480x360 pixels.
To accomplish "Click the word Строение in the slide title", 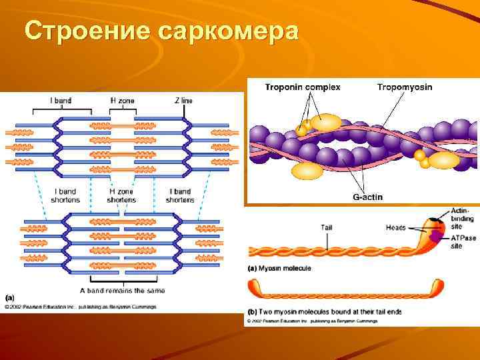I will coord(87,31).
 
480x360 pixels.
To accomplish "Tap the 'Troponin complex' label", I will coord(303,87).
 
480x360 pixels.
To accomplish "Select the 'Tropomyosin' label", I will coord(405,87).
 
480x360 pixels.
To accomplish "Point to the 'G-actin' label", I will coord(367,197).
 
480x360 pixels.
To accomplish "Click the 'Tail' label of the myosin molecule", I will coord(327,227).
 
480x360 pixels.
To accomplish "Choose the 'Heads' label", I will coord(395,227).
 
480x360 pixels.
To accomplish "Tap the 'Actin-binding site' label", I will coord(463,218).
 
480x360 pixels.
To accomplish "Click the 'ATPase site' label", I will coord(464,241).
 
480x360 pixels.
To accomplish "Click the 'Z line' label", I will coord(183,101).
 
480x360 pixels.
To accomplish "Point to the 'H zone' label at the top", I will coord(122,101).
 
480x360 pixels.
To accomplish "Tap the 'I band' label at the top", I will coord(61,101).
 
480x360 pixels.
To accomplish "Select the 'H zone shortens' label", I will coord(121,195).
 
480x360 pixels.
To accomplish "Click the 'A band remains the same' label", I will coord(122,291).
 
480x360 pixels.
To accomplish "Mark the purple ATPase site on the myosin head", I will coord(436,235).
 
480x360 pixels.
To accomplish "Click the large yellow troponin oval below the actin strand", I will coord(307,171).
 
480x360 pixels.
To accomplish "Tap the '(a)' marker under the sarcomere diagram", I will coord(10,297).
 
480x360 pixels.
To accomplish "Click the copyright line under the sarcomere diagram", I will coord(81,307).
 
